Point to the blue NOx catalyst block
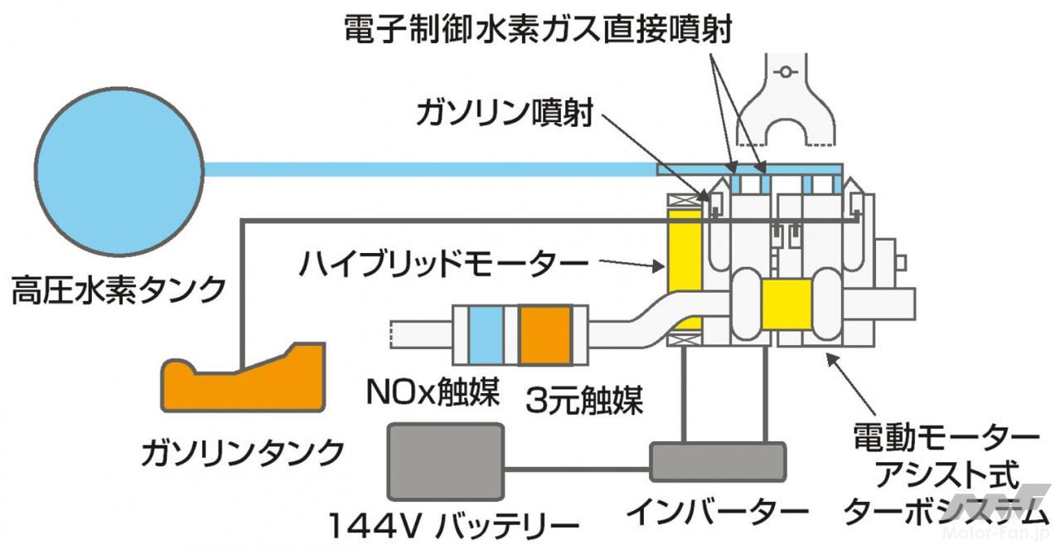(486, 334)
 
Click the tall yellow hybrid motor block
(685, 270)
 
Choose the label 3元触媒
(584, 402)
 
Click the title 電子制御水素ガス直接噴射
(538, 31)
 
